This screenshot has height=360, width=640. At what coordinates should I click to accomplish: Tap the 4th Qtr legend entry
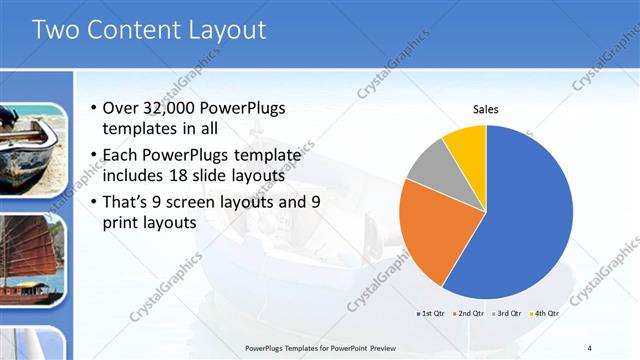pyautogui.click(x=544, y=314)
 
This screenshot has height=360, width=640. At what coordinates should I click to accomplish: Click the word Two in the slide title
pyautogui.click(x=56, y=30)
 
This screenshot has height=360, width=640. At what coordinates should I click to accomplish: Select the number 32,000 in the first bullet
pyautogui.click(x=172, y=109)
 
